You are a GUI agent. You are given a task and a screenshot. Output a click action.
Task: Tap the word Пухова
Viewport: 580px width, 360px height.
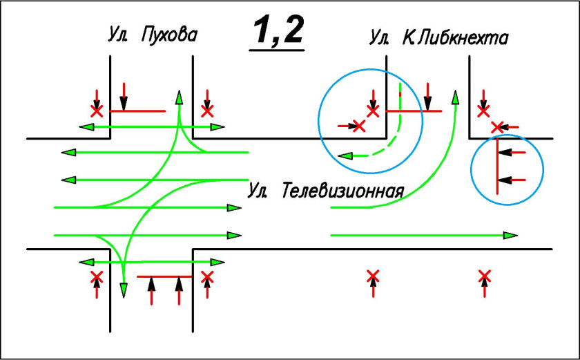coord(169,34)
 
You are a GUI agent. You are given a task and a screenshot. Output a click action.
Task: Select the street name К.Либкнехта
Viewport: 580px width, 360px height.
coord(456,38)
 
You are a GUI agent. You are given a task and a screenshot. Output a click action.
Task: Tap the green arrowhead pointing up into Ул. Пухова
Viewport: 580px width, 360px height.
coord(179,97)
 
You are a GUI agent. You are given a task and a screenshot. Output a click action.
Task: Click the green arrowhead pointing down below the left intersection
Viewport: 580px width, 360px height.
coord(124,290)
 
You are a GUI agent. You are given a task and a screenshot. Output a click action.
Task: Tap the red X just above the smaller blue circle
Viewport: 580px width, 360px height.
coord(496,126)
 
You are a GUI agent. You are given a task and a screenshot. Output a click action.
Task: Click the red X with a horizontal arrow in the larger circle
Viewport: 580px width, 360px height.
coord(359,125)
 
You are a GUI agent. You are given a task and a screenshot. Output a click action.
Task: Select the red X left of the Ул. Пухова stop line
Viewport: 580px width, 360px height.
coord(97,110)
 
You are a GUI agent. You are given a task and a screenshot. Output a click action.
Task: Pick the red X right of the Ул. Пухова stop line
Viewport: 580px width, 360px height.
coord(206,110)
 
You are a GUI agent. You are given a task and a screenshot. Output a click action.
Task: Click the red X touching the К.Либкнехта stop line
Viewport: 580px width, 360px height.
coord(374,110)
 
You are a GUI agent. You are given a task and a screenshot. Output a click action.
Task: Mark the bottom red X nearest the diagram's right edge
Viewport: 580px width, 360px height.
coord(484,278)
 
